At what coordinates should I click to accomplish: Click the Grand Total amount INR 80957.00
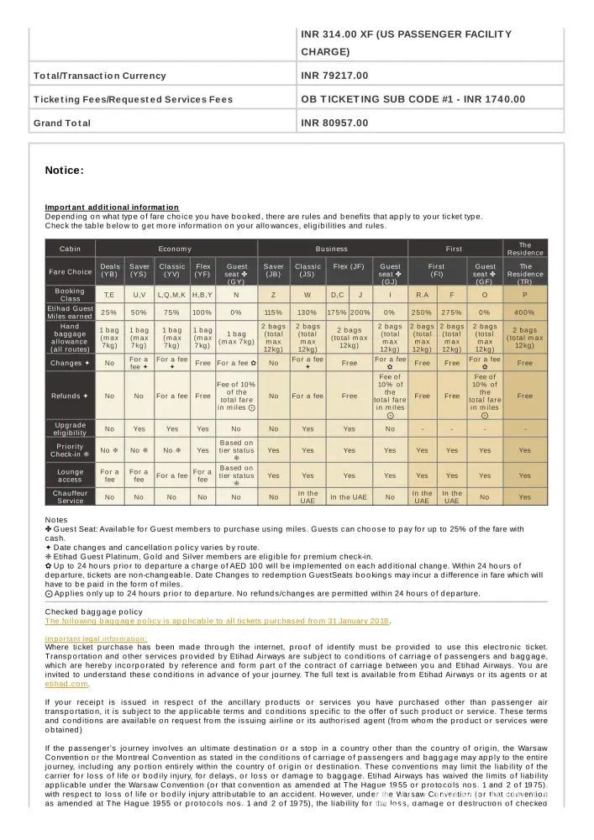(x=334, y=123)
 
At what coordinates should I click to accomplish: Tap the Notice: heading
(x=64, y=171)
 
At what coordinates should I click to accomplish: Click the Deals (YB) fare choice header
(x=109, y=271)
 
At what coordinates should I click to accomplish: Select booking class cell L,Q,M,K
(x=172, y=295)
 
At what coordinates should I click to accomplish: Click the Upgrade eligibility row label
(x=71, y=428)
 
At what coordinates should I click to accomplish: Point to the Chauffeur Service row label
(x=71, y=496)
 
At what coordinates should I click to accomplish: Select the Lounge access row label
(x=71, y=475)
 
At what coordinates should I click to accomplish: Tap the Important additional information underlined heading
(x=112, y=207)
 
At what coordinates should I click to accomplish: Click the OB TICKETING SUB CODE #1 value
(x=413, y=99)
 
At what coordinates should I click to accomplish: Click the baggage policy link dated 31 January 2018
(x=217, y=621)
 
